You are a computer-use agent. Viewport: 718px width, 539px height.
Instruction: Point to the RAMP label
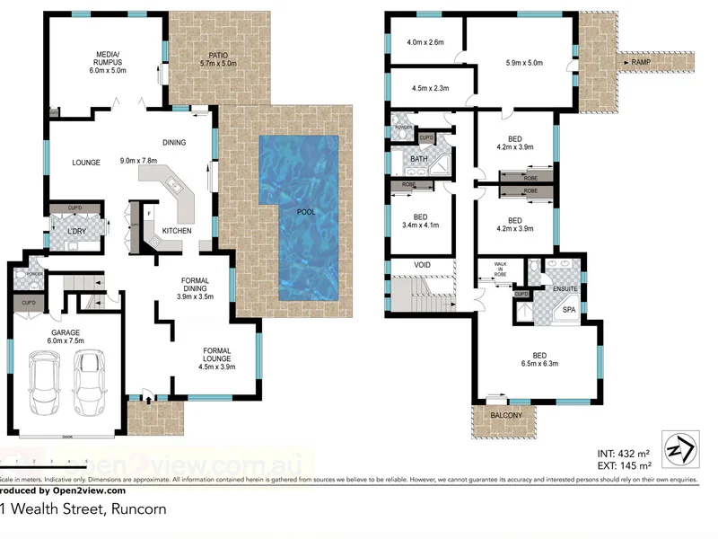pyautogui.click(x=641, y=62)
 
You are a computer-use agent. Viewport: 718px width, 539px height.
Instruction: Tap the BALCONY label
pyautogui.click(x=506, y=416)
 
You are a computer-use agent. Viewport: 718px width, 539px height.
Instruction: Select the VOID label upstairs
pyautogui.click(x=424, y=264)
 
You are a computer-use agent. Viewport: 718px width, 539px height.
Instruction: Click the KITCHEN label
pyautogui.click(x=178, y=231)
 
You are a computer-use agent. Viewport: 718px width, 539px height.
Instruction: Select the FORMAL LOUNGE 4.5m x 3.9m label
pyautogui.click(x=217, y=358)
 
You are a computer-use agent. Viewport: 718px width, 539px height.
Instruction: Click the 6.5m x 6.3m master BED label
pyautogui.click(x=538, y=358)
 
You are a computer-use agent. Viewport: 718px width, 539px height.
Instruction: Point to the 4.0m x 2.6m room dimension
pyautogui.click(x=425, y=42)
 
